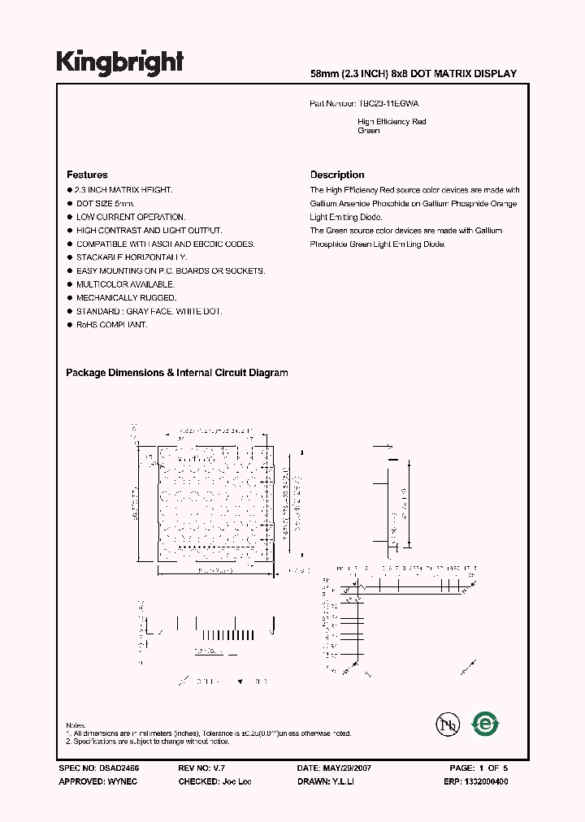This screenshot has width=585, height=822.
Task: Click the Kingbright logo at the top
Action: coord(119,63)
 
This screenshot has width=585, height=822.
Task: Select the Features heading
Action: coord(87,175)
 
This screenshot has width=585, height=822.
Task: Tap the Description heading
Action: coord(337,175)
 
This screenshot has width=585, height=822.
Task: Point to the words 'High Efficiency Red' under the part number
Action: coord(392,122)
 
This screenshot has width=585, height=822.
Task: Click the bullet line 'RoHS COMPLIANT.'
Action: coord(112,325)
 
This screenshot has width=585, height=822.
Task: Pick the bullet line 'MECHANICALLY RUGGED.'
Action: coord(126,298)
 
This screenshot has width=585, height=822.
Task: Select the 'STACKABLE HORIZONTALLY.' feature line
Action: coord(132,257)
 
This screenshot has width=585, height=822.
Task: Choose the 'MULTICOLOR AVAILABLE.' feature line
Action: coord(126,284)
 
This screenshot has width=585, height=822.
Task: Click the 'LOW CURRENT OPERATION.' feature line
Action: coord(131,217)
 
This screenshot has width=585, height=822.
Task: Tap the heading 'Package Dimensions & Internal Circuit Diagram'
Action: coord(177,373)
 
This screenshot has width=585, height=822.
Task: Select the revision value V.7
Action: coord(219,768)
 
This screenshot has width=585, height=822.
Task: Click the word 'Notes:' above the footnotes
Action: coord(76,725)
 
